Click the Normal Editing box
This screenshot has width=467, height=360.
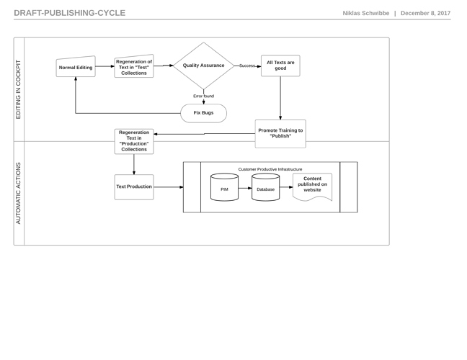(76, 67)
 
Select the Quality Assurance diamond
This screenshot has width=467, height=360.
(203, 66)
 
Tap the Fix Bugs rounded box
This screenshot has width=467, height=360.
(203, 113)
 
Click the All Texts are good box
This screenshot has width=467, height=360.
(280, 66)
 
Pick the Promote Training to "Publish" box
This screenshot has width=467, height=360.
(280, 134)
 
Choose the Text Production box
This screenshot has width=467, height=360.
(134, 187)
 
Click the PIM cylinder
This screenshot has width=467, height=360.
(224, 187)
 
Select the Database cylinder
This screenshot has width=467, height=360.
(266, 187)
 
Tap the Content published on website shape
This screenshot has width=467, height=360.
(313, 186)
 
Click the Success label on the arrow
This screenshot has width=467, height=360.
(247, 66)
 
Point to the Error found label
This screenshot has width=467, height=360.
(204, 96)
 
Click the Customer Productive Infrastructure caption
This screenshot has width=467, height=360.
(270, 169)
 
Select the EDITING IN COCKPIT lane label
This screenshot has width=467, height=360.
(18, 89)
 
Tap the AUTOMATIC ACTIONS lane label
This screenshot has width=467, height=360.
(18, 193)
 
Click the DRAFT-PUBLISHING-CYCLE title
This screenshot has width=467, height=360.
(70, 13)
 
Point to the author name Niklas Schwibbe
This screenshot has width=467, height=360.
(365, 13)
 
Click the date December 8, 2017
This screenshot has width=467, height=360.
(426, 13)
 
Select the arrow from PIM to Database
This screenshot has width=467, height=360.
(245, 188)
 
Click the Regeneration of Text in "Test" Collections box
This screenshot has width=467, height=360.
(134, 66)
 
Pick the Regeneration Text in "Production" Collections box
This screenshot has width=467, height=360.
(134, 141)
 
